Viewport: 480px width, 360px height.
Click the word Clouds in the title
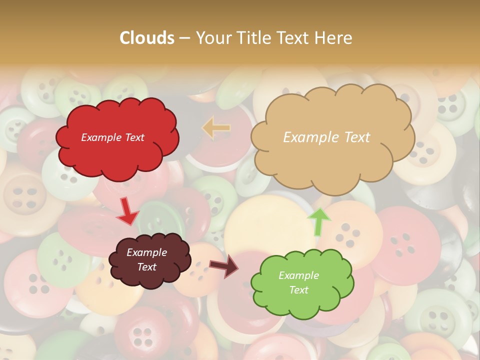pyautogui.click(x=147, y=38)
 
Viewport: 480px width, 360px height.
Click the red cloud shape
pyautogui.click(x=117, y=150)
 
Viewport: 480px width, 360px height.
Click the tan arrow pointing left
pyautogui.click(x=216, y=127)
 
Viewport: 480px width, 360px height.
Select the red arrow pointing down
pyautogui.click(x=127, y=211)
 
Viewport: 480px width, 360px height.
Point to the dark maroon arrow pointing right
pyautogui.click(x=223, y=266)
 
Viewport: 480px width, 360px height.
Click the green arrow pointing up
pyautogui.click(x=319, y=221)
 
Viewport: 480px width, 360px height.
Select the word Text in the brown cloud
pyautogui.click(x=147, y=267)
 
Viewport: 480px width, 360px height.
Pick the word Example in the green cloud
pyautogui.click(x=298, y=275)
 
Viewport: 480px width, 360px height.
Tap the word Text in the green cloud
pyautogui.click(x=298, y=290)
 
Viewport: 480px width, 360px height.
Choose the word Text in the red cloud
pyautogui.click(x=134, y=137)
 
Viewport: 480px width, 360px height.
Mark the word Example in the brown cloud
pyautogui.click(x=147, y=252)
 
